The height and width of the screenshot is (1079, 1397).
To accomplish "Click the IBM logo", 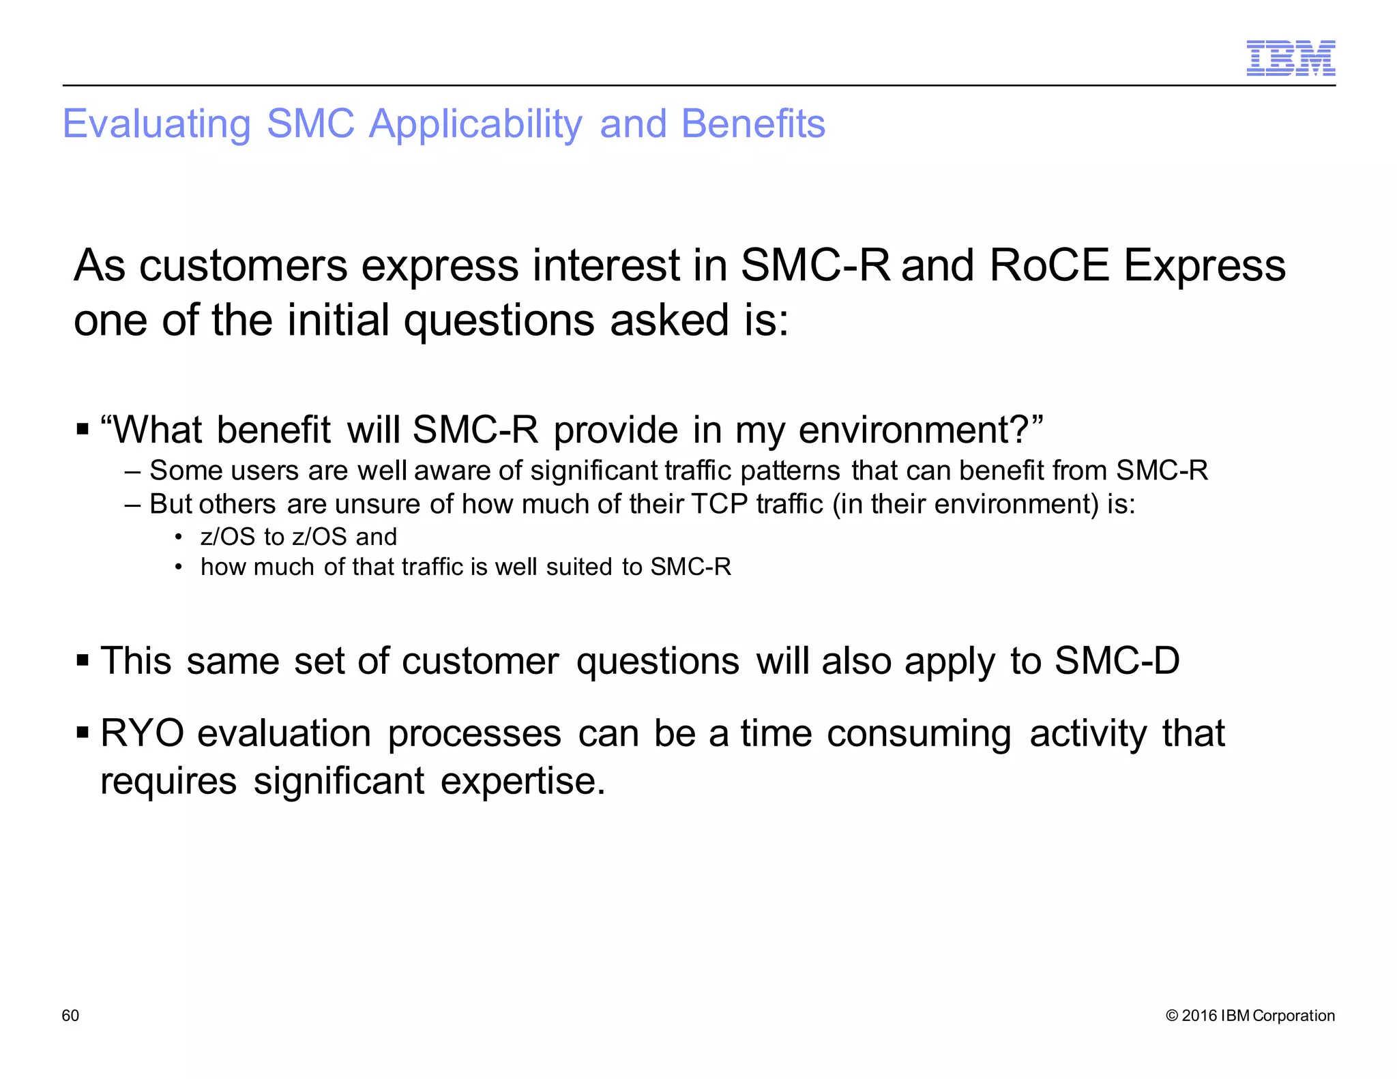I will [1290, 58].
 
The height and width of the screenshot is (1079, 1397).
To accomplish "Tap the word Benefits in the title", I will [753, 124].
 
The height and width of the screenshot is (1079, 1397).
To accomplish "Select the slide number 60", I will [70, 1016].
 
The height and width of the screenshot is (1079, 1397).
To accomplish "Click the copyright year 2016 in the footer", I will [1199, 1016].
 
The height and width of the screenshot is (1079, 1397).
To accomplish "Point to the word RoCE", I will [1048, 265].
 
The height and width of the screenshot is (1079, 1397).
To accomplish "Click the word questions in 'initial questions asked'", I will [499, 321].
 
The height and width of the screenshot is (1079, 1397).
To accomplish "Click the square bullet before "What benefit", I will [83, 430].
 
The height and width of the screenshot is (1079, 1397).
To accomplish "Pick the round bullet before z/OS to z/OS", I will [179, 537].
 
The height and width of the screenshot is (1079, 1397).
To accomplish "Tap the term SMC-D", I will [1117, 661].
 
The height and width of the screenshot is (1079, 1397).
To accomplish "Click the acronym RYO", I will [142, 734].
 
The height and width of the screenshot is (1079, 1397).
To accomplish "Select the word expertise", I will [523, 782].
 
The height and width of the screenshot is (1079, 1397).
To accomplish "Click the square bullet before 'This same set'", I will [83, 660].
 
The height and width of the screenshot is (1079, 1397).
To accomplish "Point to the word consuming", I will [919, 735].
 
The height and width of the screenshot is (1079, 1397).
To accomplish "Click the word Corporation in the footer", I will [1293, 1016].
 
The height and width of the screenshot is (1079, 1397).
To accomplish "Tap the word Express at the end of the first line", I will [1204, 265].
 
